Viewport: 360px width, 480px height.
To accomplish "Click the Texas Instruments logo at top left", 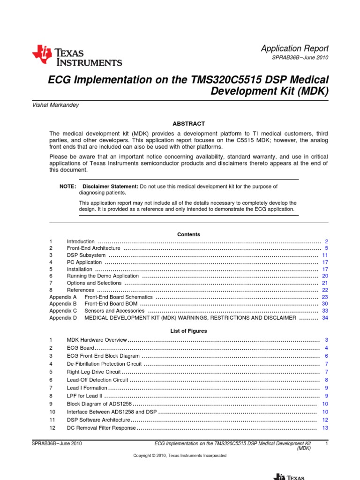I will (x=77, y=56).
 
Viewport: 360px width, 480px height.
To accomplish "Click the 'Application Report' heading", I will (x=294, y=48).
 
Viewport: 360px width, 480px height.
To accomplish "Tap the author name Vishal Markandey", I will (x=54, y=105).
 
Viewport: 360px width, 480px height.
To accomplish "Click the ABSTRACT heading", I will (x=188, y=124).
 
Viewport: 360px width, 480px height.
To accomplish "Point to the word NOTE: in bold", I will (x=67, y=187).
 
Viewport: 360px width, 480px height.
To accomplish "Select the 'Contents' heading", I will (x=188, y=234).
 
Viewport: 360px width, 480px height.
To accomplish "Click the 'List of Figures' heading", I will (x=188, y=331).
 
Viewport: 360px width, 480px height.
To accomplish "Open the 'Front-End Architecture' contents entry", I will (x=94, y=248).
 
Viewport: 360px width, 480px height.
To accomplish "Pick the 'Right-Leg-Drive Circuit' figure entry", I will (x=94, y=372).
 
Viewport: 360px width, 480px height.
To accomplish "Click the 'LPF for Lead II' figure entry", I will (x=84, y=396).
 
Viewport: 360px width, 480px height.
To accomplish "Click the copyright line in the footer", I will (x=180, y=456).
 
